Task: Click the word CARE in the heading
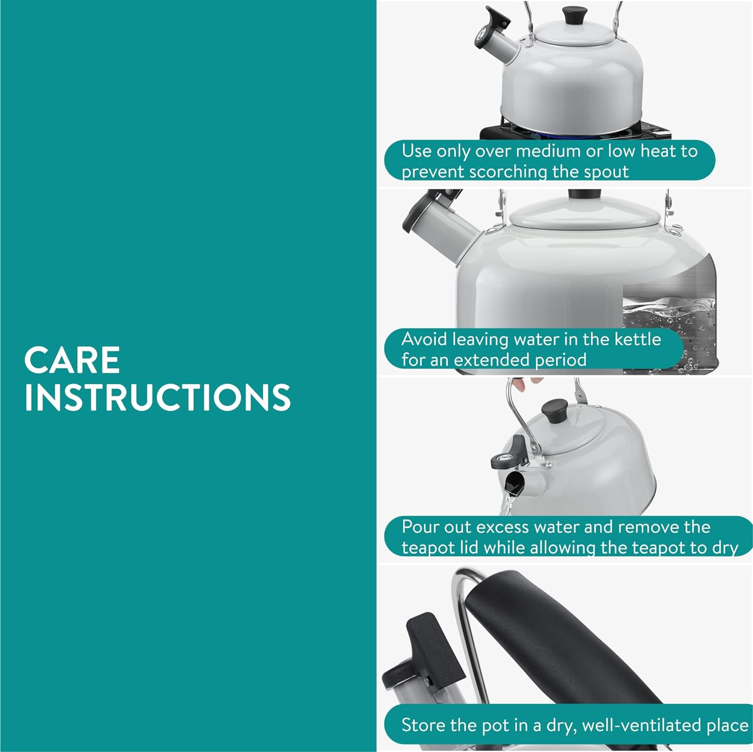click(x=72, y=360)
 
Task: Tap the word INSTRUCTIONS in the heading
click(x=158, y=397)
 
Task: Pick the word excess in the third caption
click(x=503, y=527)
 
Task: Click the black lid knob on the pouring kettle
click(x=555, y=411)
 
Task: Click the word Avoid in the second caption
click(x=424, y=339)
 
